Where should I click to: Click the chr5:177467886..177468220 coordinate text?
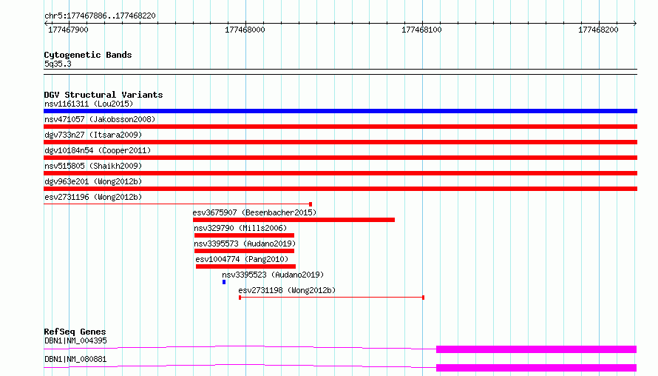100,16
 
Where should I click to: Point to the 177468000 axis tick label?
245,30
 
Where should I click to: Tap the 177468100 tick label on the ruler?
421,30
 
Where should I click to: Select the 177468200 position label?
598,30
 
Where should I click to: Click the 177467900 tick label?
69,30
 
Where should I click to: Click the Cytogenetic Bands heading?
88,55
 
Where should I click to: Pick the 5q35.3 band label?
58,64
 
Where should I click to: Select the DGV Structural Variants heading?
104,95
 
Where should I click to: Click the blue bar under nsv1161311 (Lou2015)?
340,111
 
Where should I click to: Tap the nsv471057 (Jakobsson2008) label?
100,119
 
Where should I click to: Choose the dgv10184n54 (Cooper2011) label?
98,150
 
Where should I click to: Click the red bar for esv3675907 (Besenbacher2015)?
294,220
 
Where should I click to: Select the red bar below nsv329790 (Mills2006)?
244,235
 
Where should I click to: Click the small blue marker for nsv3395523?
224,282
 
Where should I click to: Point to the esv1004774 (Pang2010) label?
242,259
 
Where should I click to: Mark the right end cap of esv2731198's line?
423,298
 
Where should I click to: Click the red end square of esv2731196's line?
311,204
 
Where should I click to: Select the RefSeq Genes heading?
75,332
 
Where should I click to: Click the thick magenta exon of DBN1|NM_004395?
536,349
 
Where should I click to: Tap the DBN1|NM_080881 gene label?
75,359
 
